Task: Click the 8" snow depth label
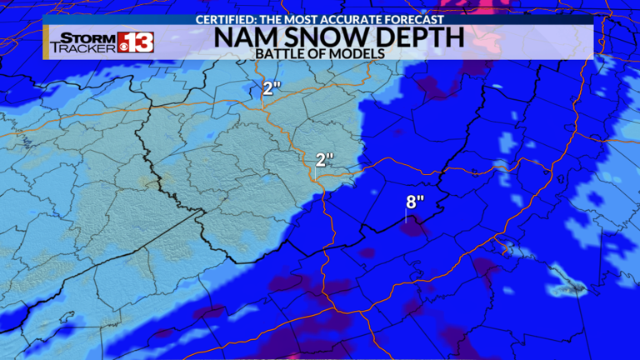pos(414,201)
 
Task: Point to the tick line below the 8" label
pos(406,215)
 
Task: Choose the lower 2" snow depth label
pos(324,158)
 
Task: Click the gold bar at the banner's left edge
pos(46,42)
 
